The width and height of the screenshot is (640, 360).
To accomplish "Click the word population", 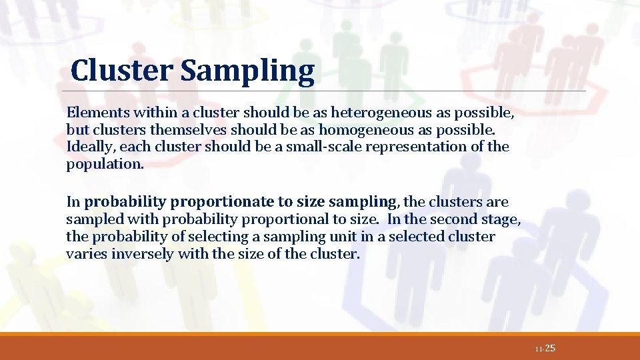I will pos(104,164).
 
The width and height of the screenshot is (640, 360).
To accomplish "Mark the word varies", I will pos(84,254).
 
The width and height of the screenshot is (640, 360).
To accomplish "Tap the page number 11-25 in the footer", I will pos(545,349).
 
